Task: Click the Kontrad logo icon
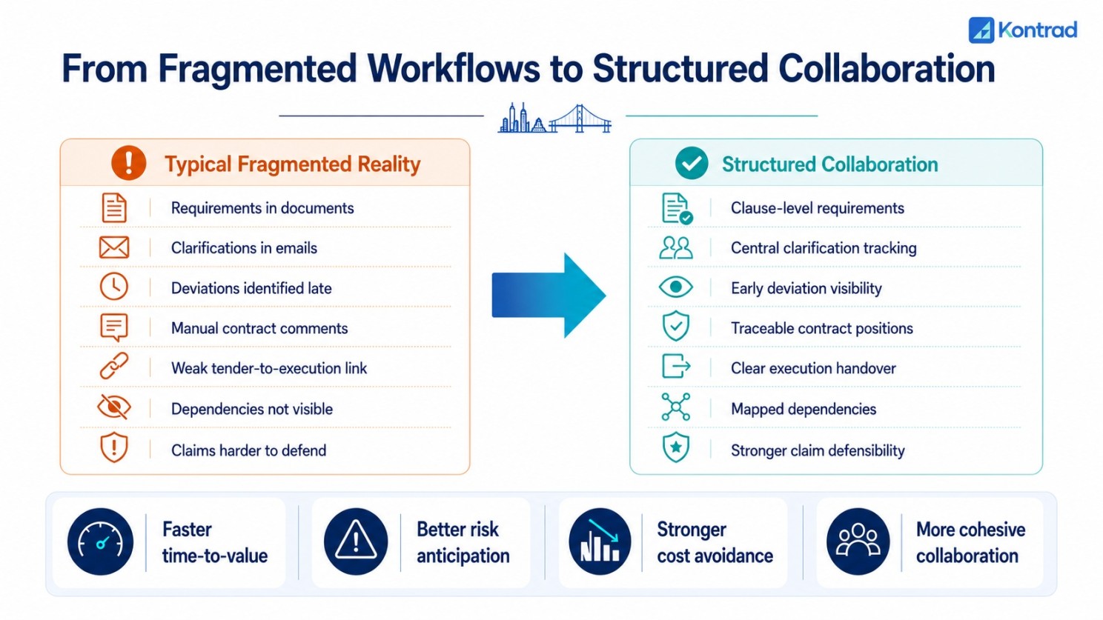pyautogui.click(x=981, y=30)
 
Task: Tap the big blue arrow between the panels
pyautogui.click(x=549, y=296)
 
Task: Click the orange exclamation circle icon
pyautogui.click(x=128, y=163)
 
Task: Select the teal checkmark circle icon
pyautogui.click(x=692, y=163)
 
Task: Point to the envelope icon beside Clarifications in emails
pyautogui.click(x=113, y=247)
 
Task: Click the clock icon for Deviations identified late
pyautogui.click(x=113, y=287)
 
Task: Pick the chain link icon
pyautogui.click(x=113, y=366)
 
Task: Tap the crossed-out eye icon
pyautogui.click(x=113, y=407)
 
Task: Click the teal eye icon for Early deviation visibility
pyautogui.click(x=675, y=287)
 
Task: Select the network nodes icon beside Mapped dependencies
pyautogui.click(x=675, y=407)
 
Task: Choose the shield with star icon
pyautogui.click(x=675, y=447)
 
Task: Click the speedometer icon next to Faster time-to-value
pyautogui.click(x=101, y=541)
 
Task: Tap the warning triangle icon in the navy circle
pyautogui.click(x=356, y=541)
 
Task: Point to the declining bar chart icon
pyautogui.click(x=600, y=541)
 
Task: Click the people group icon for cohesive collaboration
pyautogui.click(x=858, y=541)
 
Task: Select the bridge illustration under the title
pyautogui.click(x=580, y=119)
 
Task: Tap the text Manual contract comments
pyautogui.click(x=259, y=328)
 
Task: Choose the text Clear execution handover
pyautogui.click(x=813, y=368)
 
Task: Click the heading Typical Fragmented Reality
pyautogui.click(x=293, y=164)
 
